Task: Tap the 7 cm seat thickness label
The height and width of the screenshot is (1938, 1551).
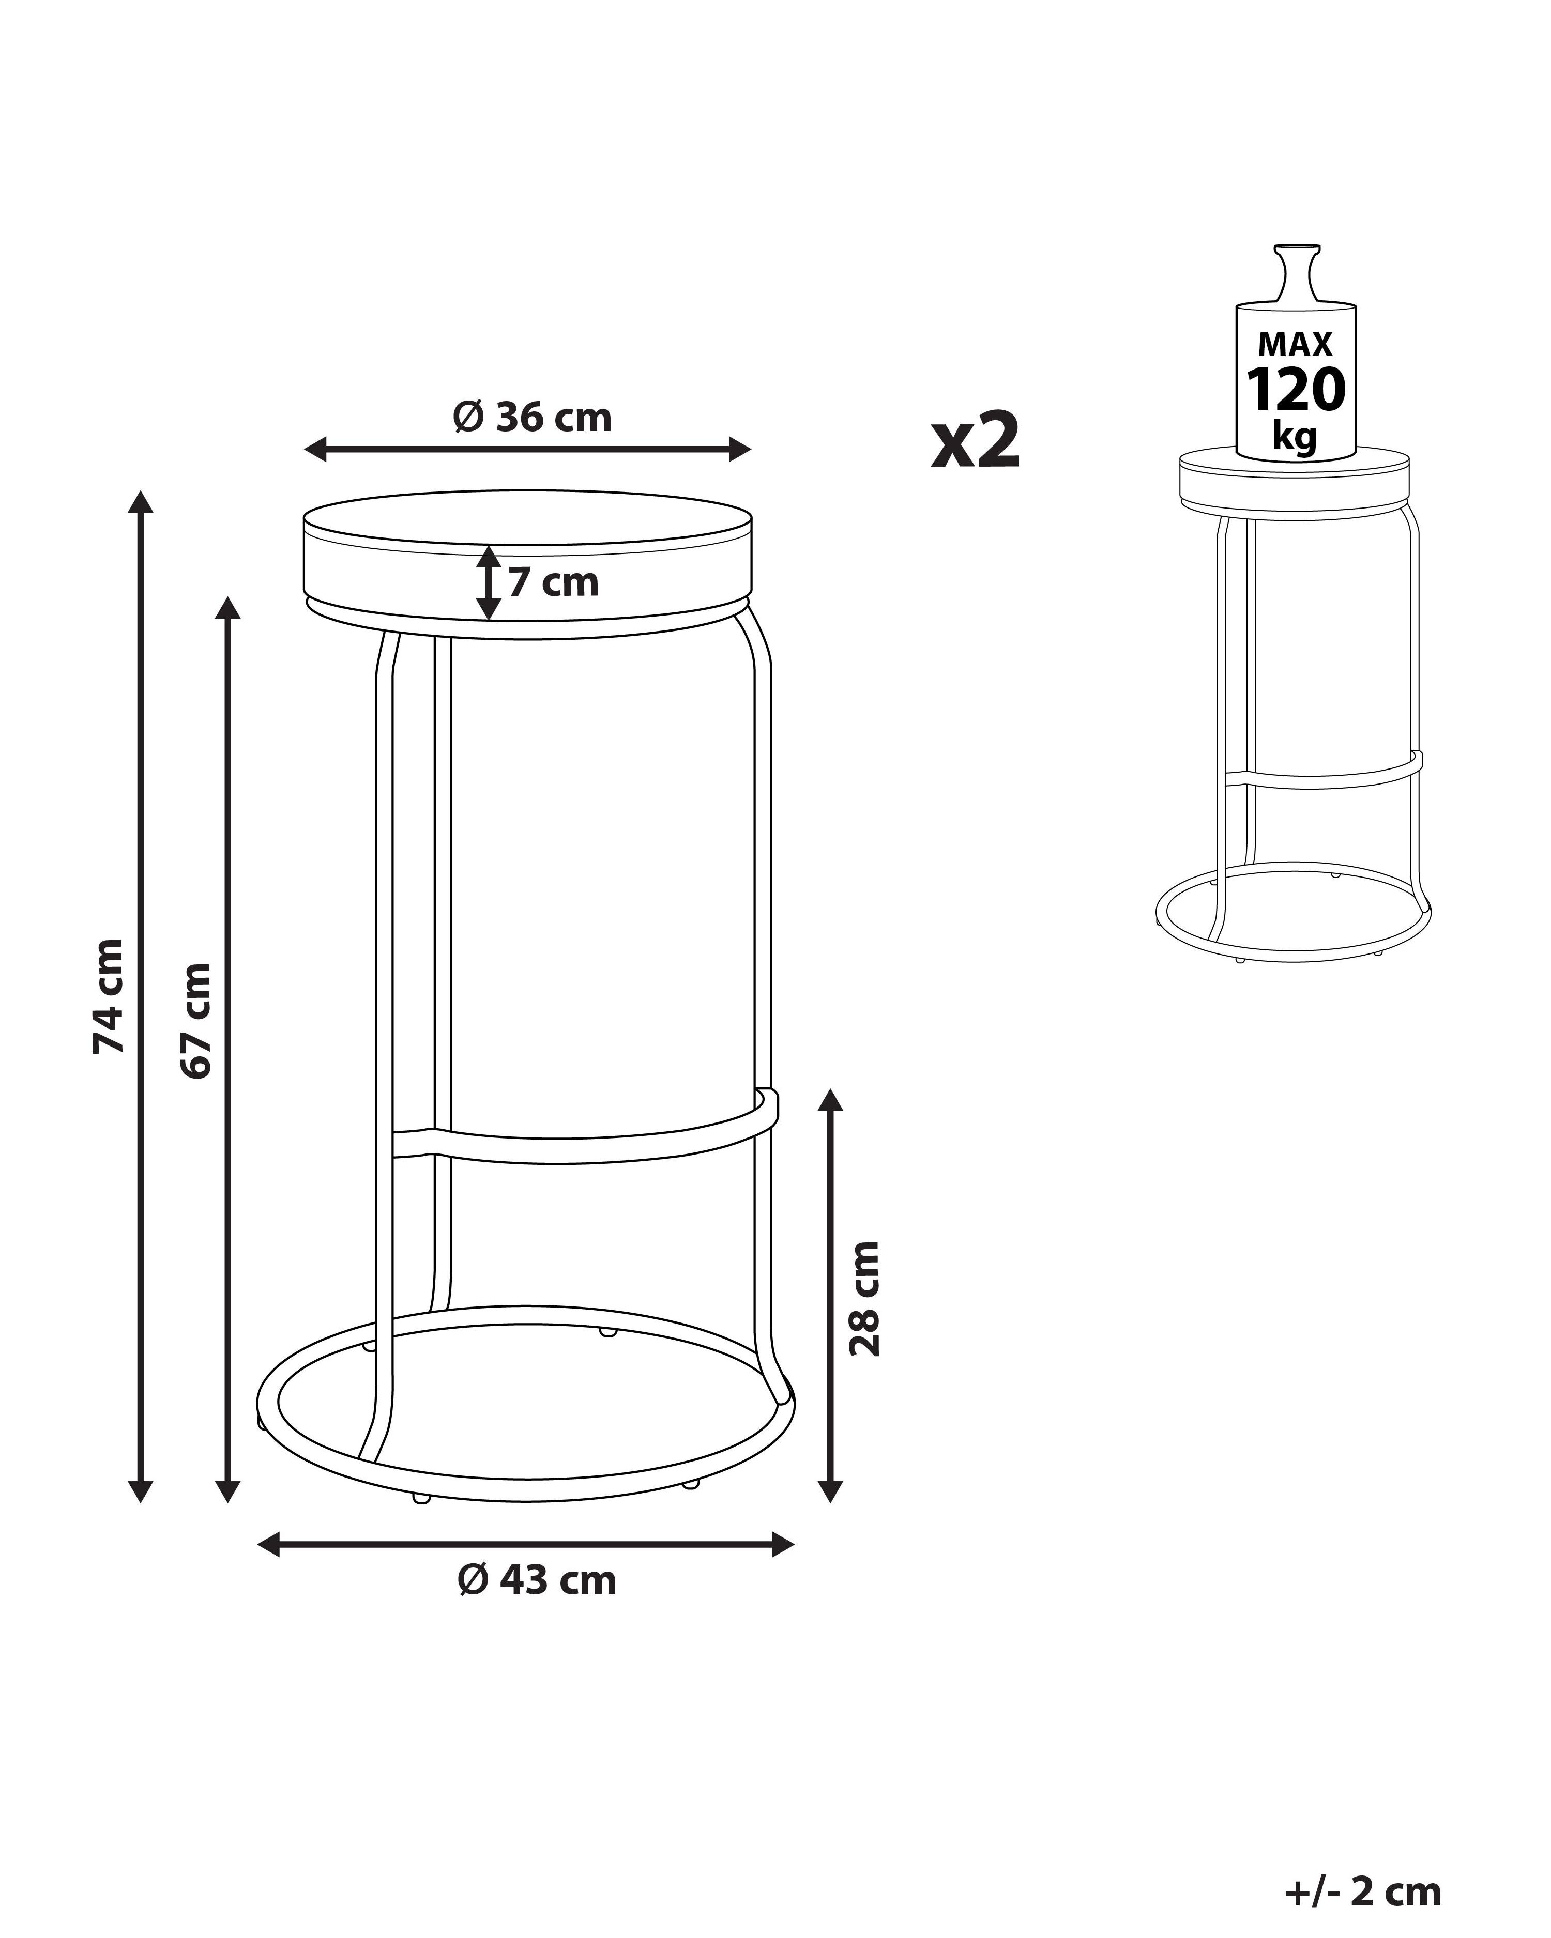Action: [x=553, y=582]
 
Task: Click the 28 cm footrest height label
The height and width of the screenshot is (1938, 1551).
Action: [x=865, y=1298]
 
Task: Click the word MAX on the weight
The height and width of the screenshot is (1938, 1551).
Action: [x=1296, y=344]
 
